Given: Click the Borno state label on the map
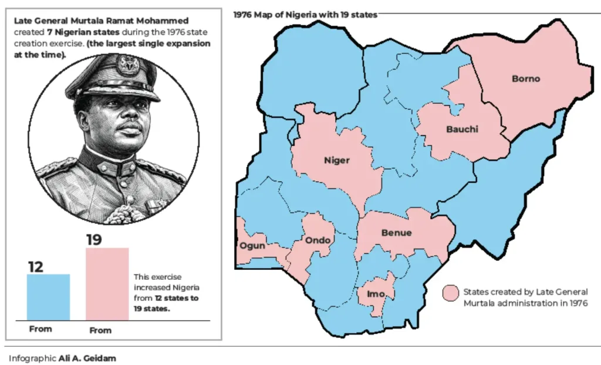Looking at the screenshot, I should pyautogui.click(x=525, y=79).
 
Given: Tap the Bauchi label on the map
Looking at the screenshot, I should pyautogui.click(x=462, y=129).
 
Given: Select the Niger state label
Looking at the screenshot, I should pyautogui.click(x=337, y=160).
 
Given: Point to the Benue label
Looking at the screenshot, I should pyautogui.click(x=396, y=233).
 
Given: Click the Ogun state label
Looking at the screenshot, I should pyautogui.click(x=252, y=246).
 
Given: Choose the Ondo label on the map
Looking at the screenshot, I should pyautogui.click(x=318, y=240).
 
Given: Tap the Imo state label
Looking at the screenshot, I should pyautogui.click(x=376, y=294).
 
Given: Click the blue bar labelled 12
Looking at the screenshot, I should pyautogui.click(x=48, y=297).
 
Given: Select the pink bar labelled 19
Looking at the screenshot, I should pyautogui.click(x=107, y=284).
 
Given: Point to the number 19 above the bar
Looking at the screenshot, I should pyautogui.click(x=94, y=240).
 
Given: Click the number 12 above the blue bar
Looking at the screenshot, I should pyautogui.click(x=36, y=267).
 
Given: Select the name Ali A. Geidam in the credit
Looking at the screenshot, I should pyautogui.click(x=87, y=358).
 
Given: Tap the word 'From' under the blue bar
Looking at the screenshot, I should pyautogui.click(x=40, y=329).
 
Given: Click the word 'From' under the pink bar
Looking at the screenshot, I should pyautogui.click(x=100, y=330).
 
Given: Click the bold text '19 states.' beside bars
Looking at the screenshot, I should pyautogui.click(x=151, y=309).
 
